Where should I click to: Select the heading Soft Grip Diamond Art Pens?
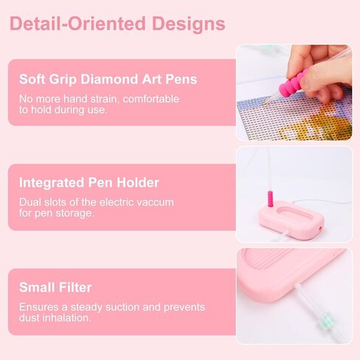point(108,80)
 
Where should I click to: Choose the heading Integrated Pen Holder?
point(89,182)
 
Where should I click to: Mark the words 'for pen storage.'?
point(56,213)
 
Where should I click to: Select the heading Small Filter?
point(55,288)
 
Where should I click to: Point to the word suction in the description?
point(126,307)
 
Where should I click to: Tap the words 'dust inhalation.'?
point(54,319)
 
